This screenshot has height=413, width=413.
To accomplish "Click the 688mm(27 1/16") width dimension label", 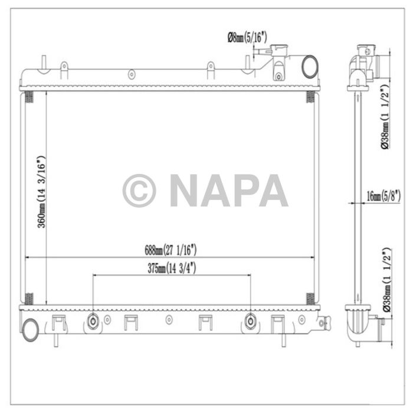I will click(171, 250).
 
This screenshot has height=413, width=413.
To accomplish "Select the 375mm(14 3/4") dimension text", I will click(171, 268).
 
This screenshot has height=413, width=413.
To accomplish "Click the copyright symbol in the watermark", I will click(139, 191).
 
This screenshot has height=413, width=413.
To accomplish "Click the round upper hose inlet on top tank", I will click(310, 67).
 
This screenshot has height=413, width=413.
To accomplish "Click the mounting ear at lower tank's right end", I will click(324, 322).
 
